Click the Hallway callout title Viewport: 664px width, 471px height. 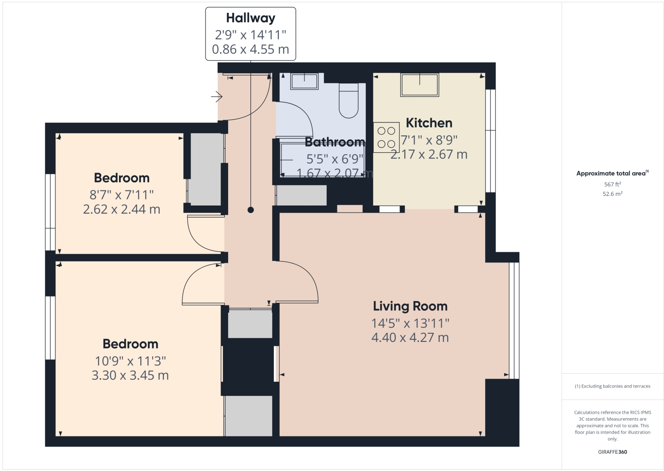250,18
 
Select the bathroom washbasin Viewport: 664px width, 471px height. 304,81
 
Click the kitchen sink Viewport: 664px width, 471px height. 419,84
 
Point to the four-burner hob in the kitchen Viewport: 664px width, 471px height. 386,137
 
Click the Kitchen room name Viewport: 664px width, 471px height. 429,123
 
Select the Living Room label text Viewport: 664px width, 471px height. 410,306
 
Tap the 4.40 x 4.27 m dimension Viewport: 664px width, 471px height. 410,337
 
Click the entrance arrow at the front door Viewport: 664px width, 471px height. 216,96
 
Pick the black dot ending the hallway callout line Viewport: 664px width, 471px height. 250,210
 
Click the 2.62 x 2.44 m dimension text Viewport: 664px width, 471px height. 122,209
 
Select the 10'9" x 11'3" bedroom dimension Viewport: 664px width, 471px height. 130,361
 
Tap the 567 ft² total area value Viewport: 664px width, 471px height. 612,184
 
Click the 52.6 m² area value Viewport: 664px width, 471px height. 612,194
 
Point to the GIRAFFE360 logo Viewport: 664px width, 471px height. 612,452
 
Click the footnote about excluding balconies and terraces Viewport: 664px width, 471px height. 612,386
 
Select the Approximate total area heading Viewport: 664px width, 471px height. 612,174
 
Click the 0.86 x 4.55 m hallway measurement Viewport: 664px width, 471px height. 250,49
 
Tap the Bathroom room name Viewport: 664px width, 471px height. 335,142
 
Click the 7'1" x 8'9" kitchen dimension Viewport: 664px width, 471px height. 429,140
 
